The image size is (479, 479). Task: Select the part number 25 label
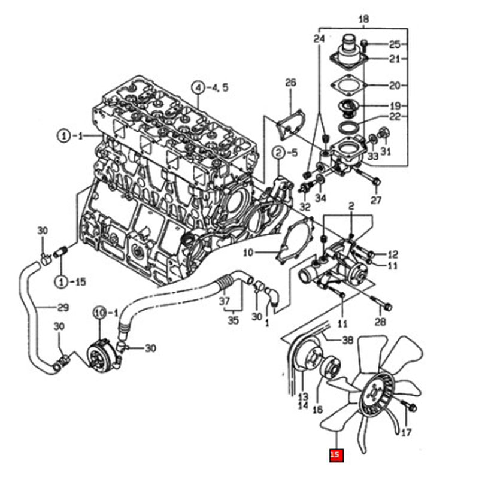pos(394,44)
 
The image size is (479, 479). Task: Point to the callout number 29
pos(63,308)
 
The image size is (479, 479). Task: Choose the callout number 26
pos(290,82)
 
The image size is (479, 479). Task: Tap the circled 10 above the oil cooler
pos(99,312)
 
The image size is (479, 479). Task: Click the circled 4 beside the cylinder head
pos(198,88)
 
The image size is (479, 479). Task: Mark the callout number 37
pos(225,300)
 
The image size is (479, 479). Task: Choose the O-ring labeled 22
pos(346,128)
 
